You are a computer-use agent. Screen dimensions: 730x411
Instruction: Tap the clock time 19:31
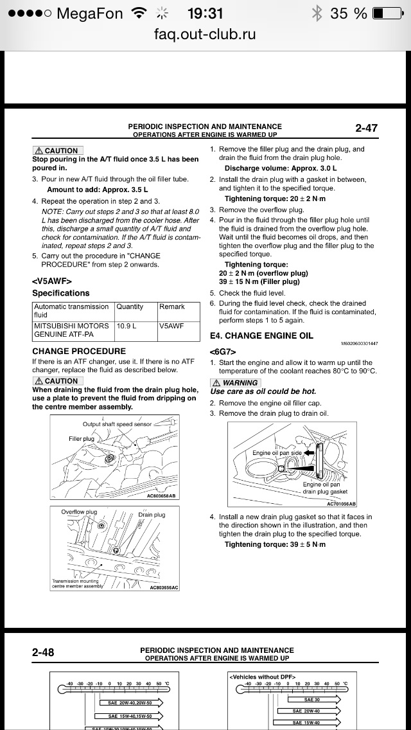coord(205,13)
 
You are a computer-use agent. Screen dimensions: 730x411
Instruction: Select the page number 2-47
coord(366,128)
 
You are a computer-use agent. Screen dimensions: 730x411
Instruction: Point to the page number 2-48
coord(43,652)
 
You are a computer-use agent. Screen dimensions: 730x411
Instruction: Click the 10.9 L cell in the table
coord(126,326)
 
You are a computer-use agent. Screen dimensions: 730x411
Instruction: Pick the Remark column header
coord(172,307)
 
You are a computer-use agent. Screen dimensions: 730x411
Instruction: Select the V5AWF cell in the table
coord(171,326)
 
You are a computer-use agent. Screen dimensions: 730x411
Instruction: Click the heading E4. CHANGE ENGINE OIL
coord(261,335)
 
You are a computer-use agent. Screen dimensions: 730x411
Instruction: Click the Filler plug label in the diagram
coord(82,439)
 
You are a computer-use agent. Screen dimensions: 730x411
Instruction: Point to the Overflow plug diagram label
coord(79,512)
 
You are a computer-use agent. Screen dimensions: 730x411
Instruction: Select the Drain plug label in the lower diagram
coord(152,515)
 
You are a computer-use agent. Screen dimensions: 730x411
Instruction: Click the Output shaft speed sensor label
coord(117,424)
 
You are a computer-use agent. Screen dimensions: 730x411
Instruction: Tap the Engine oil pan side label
coord(277,453)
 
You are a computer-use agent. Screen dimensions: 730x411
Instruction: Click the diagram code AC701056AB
coord(341,504)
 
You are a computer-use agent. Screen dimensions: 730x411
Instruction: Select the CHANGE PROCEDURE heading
coord(79,352)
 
